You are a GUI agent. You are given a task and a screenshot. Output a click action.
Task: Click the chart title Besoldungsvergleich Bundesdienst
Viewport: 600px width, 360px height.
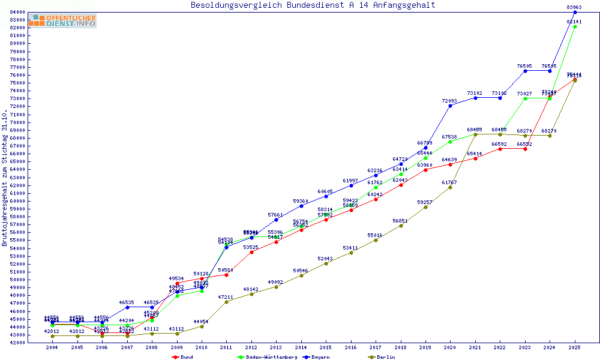pos(313,5)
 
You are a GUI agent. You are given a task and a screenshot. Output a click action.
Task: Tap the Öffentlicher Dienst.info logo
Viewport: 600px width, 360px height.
pos(62,21)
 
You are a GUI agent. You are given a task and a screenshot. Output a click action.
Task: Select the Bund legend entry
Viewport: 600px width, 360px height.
pos(184,357)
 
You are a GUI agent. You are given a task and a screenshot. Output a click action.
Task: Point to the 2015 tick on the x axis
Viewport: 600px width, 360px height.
pos(326,348)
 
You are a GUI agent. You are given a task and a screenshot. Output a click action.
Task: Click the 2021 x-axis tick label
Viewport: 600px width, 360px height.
pos(475,348)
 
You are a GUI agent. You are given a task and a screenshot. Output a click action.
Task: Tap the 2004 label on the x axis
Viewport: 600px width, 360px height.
pos(52,348)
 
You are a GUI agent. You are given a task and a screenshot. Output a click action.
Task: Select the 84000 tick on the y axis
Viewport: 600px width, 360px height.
pos(16,12)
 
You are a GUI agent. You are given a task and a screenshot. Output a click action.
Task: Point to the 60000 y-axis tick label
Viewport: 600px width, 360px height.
pos(16,201)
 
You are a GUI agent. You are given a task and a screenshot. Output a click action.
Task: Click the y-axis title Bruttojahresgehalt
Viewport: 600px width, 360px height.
pos(5,178)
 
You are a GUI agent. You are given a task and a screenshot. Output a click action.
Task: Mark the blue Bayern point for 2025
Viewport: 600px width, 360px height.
pos(575,12)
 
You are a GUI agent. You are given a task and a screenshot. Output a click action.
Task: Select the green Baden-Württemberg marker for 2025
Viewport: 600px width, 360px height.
pos(575,26)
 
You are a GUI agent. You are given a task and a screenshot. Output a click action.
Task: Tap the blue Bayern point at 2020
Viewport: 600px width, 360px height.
pos(450,106)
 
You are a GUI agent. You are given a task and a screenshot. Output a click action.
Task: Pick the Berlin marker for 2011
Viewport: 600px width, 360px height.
pos(226,301)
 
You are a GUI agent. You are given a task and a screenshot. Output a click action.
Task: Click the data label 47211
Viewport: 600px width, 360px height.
pos(226,297)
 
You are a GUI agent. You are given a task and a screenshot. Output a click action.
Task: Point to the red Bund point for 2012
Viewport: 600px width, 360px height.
pos(251,252)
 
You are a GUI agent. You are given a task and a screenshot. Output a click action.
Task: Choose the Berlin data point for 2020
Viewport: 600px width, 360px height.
pos(450,187)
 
